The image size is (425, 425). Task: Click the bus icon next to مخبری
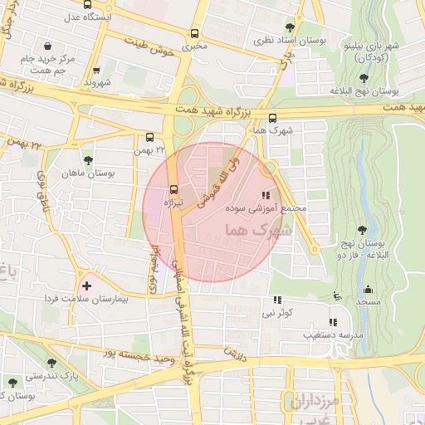pyautogui.click(x=194, y=34)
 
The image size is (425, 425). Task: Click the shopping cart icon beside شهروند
pyautogui.click(x=97, y=71)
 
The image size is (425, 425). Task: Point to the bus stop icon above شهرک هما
pyautogui.click(x=272, y=118)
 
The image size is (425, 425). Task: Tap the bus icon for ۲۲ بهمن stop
pyautogui.click(x=150, y=137)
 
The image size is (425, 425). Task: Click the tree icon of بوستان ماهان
pyautogui.click(x=88, y=160)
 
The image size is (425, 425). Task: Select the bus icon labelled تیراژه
pyautogui.click(x=173, y=188)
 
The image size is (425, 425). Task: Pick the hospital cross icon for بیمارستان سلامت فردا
pyautogui.click(x=86, y=286)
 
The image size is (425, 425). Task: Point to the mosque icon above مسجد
pyautogui.click(x=368, y=291)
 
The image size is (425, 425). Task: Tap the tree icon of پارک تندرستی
pyautogui.click(x=52, y=363)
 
